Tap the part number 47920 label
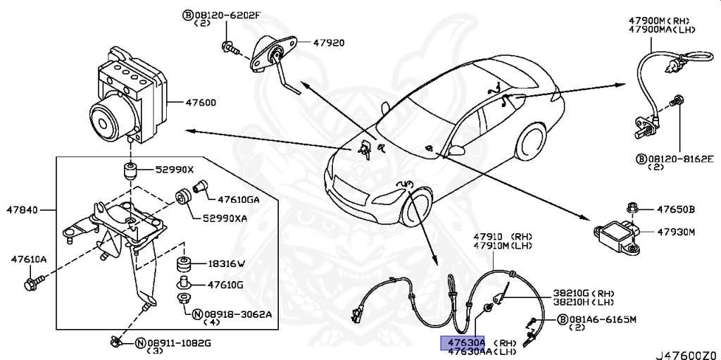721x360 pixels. click(328, 43)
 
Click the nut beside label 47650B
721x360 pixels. click(632, 208)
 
